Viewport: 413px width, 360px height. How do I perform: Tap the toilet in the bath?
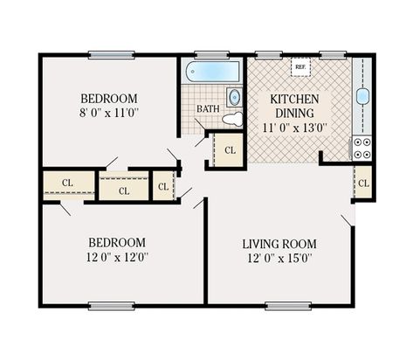pyautogui.click(x=232, y=118)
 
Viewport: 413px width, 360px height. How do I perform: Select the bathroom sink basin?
pyautogui.click(x=233, y=96)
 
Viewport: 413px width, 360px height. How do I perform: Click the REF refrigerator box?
pyautogui.click(x=300, y=67)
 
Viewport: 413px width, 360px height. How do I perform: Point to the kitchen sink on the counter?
pyautogui.click(x=362, y=96)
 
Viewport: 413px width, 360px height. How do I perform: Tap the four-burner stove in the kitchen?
pyautogui.click(x=361, y=148)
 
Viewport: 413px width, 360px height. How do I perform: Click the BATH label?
pyautogui.click(x=208, y=109)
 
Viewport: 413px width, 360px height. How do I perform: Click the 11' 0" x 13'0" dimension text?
pyautogui.click(x=294, y=127)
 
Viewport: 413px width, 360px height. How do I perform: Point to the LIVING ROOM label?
pyautogui.click(x=279, y=243)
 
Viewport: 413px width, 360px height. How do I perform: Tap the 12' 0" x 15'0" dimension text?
pyautogui.click(x=279, y=258)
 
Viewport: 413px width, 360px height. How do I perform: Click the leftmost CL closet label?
pyautogui.click(x=68, y=183)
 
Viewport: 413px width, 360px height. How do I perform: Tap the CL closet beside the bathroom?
pyautogui.click(x=230, y=150)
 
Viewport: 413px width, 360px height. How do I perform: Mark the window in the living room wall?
pyautogui.click(x=287, y=306)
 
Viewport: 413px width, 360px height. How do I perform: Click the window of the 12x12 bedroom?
pyautogui.click(x=111, y=306)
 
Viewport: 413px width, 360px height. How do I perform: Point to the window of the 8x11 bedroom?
pyautogui.click(x=111, y=54)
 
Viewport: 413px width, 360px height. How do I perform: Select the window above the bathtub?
pyautogui.click(x=212, y=54)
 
